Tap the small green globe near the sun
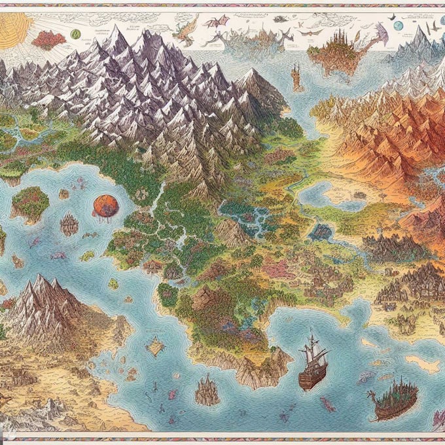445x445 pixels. [x=76, y=33]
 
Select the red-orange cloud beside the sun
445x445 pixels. [x=49, y=39]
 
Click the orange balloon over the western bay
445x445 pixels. [x=105, y=205]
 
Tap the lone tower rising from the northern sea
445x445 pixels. [x=296, y=79]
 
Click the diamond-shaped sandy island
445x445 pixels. [x=155, y=347]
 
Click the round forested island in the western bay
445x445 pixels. [x=30, y=203]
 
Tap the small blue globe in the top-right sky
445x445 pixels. [x=398, y=26]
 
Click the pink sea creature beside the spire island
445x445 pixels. [x=173, y=394]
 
